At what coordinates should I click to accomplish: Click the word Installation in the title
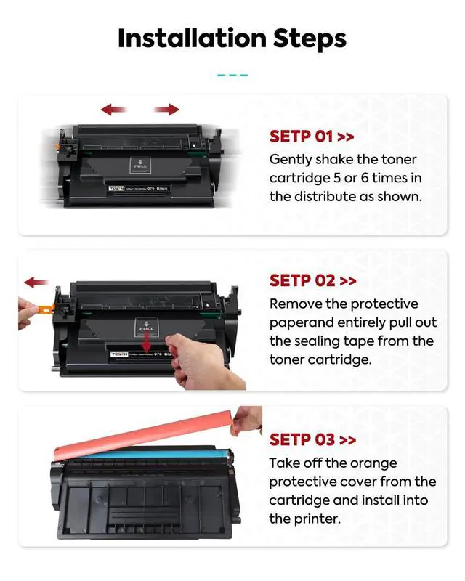coord(192,38)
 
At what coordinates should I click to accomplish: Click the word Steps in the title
coord(310,39)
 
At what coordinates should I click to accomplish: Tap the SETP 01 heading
coord(312,137)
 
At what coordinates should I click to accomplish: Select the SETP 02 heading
coord(312,280)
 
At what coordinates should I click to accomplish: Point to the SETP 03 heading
coord(312,440)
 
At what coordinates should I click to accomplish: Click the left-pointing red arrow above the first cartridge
coord(113,110)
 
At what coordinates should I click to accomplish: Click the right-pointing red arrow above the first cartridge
coord(166,110)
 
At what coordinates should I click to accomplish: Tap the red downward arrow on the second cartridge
coord(147,342)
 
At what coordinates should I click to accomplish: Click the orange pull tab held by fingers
coord(45,309)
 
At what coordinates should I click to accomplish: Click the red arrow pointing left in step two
coord(36,283)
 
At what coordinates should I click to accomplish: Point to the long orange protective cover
coord(145,434)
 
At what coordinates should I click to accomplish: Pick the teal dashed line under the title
coord(232,76)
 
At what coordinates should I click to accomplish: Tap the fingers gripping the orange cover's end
coord(246,420)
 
